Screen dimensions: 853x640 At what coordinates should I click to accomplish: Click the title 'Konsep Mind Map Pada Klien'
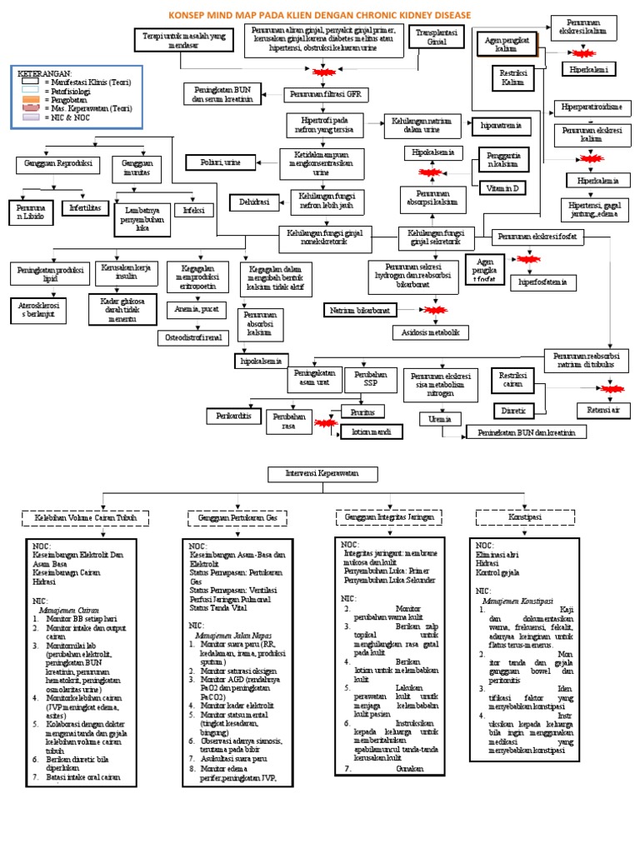(320, 15)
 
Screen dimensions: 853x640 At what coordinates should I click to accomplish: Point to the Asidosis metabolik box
(425, 332)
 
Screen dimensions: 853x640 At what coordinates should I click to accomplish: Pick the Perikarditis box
(232, 414)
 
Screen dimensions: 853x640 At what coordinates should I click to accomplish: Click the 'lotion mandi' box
(369, 431)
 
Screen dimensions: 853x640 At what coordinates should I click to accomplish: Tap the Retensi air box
(602, 410)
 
